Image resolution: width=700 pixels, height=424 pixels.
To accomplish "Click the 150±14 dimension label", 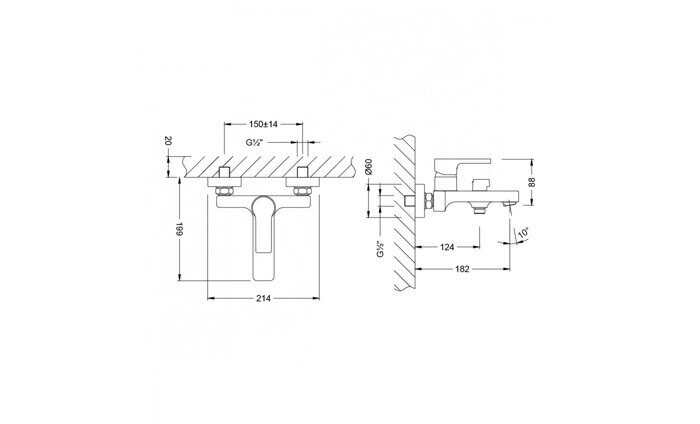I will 263,123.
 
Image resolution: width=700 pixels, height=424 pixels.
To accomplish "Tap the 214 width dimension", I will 263,300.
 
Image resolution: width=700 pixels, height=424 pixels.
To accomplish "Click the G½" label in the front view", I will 255,144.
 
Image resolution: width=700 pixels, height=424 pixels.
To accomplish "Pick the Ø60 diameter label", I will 369,168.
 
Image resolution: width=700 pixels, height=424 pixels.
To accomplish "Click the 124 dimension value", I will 447,246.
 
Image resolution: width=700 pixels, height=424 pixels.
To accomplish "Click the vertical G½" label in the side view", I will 380,247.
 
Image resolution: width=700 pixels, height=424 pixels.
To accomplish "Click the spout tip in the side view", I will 511,202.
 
